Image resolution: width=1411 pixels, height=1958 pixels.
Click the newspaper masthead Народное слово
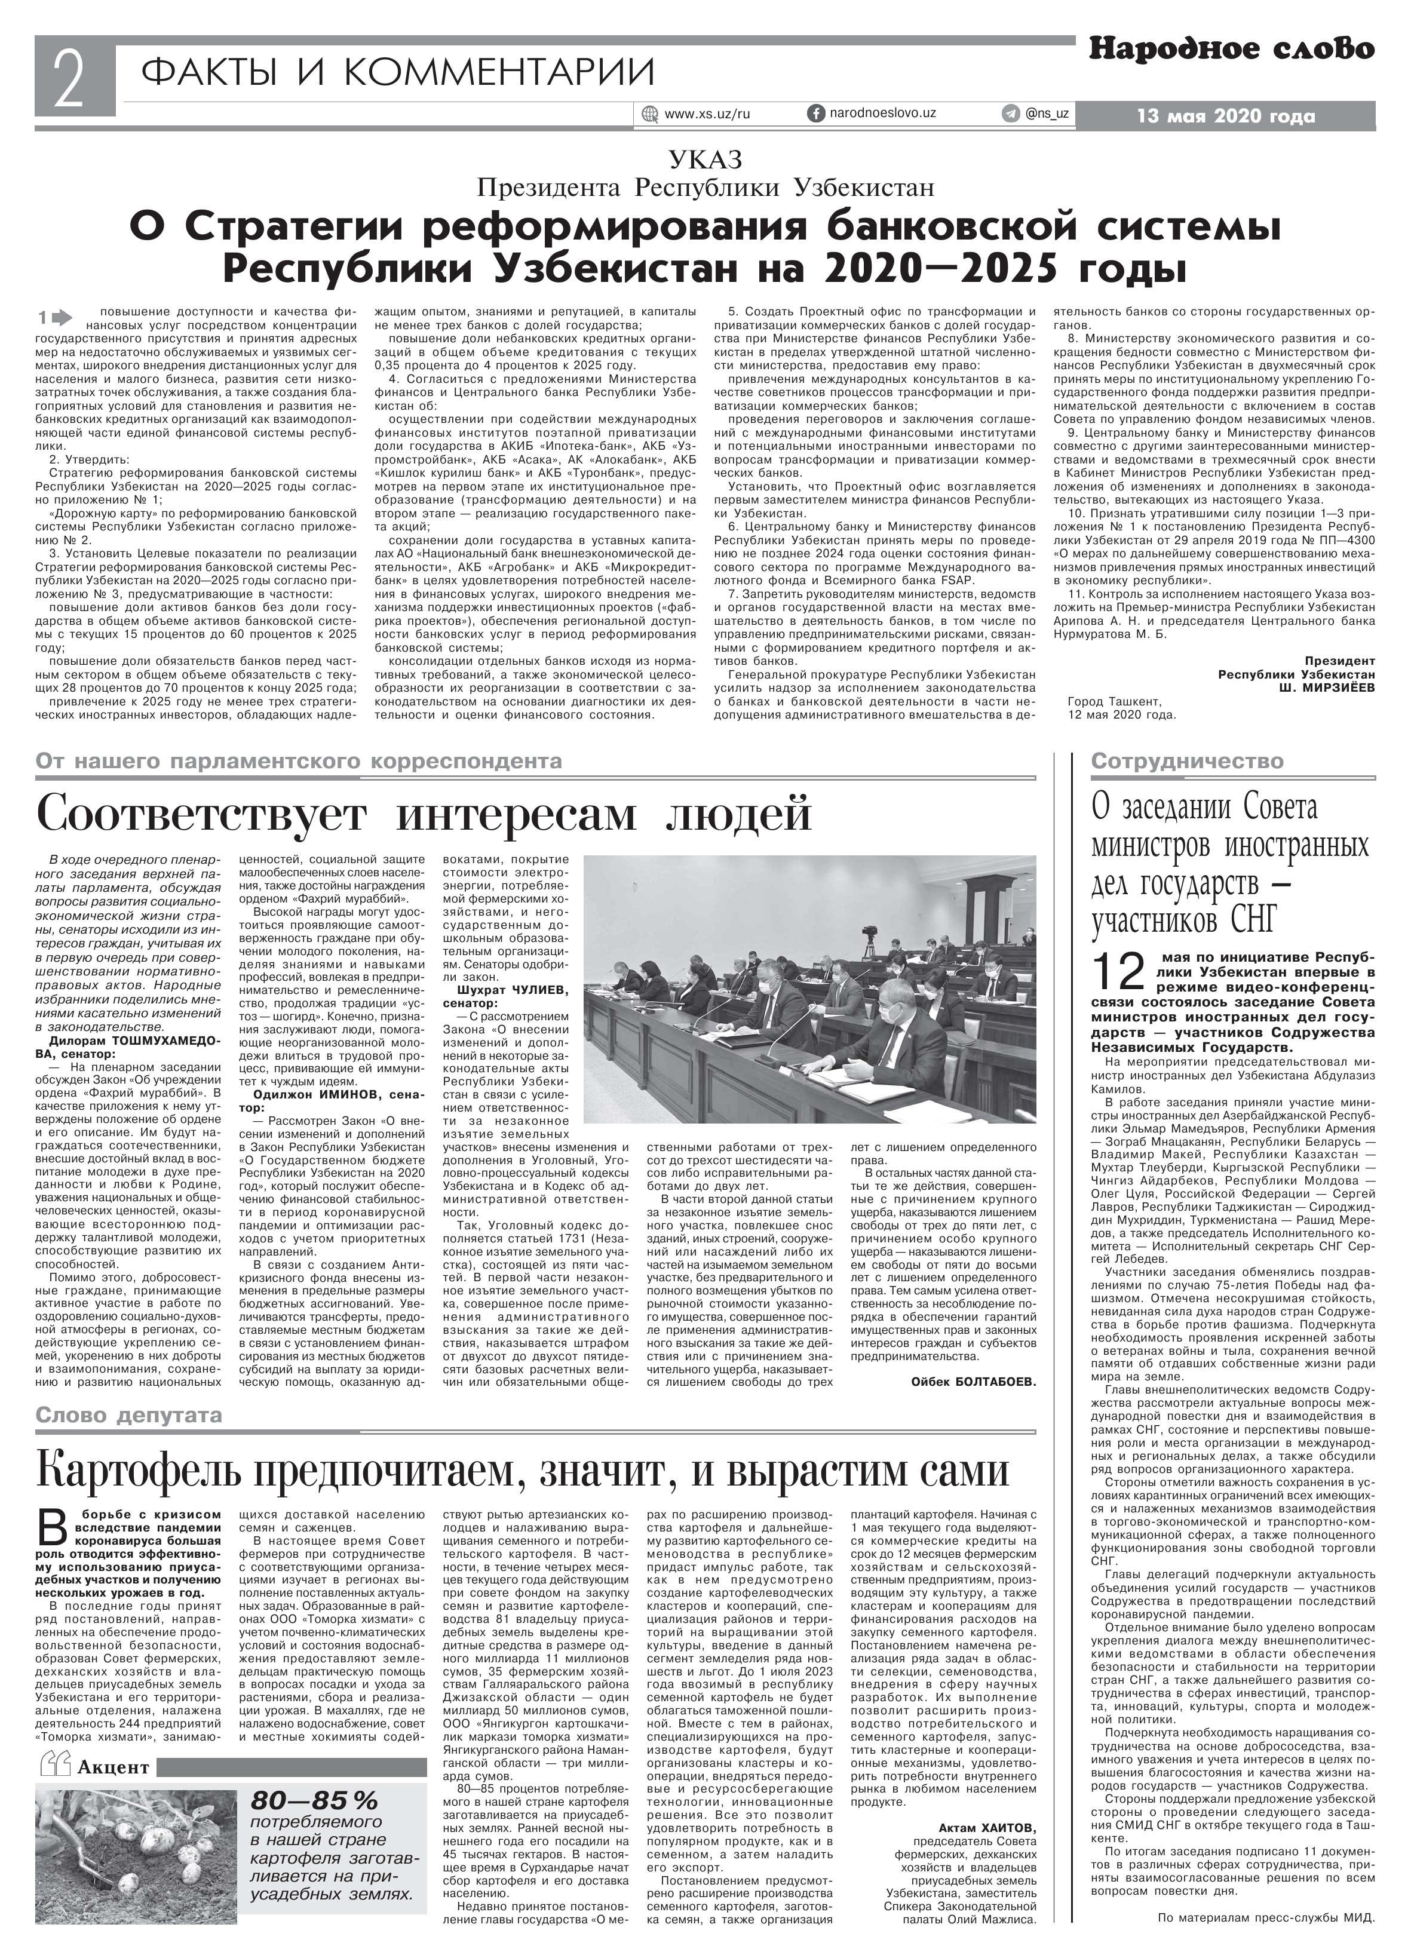point(1231,51)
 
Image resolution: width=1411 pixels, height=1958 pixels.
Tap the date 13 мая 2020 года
point(1226,116)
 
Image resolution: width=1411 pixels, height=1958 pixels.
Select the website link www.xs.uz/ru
point(706,114)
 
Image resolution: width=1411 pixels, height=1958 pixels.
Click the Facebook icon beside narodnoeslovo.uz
point(814,113)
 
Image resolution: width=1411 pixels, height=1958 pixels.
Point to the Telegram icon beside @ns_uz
point(1010,113)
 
